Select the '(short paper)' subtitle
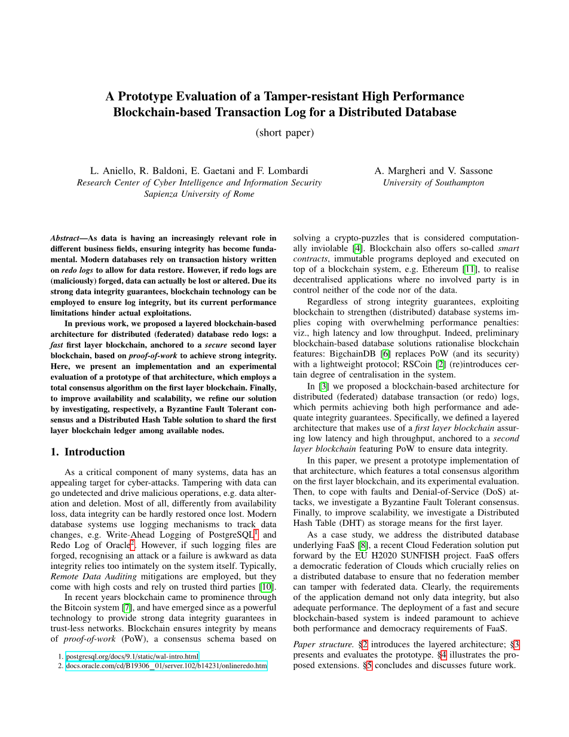284,132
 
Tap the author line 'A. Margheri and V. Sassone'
433,170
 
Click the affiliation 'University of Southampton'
433,182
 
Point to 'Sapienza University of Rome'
199,193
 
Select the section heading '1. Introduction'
88,452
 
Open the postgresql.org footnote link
132,656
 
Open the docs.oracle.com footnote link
166,666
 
